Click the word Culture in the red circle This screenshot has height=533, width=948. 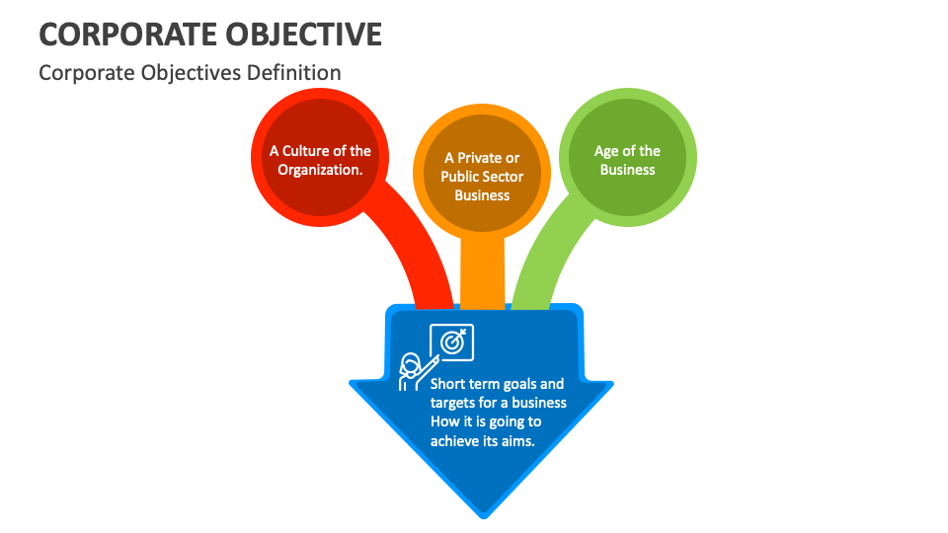click(306, 151)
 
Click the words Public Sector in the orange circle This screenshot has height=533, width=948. click(482, 177)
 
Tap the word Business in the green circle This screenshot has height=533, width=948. click(627, 170)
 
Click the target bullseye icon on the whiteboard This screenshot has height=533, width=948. click(451, 342)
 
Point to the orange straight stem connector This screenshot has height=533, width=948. click(482, 271)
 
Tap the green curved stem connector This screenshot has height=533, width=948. click(548, 257)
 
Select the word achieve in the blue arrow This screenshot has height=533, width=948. click(454, 441)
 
